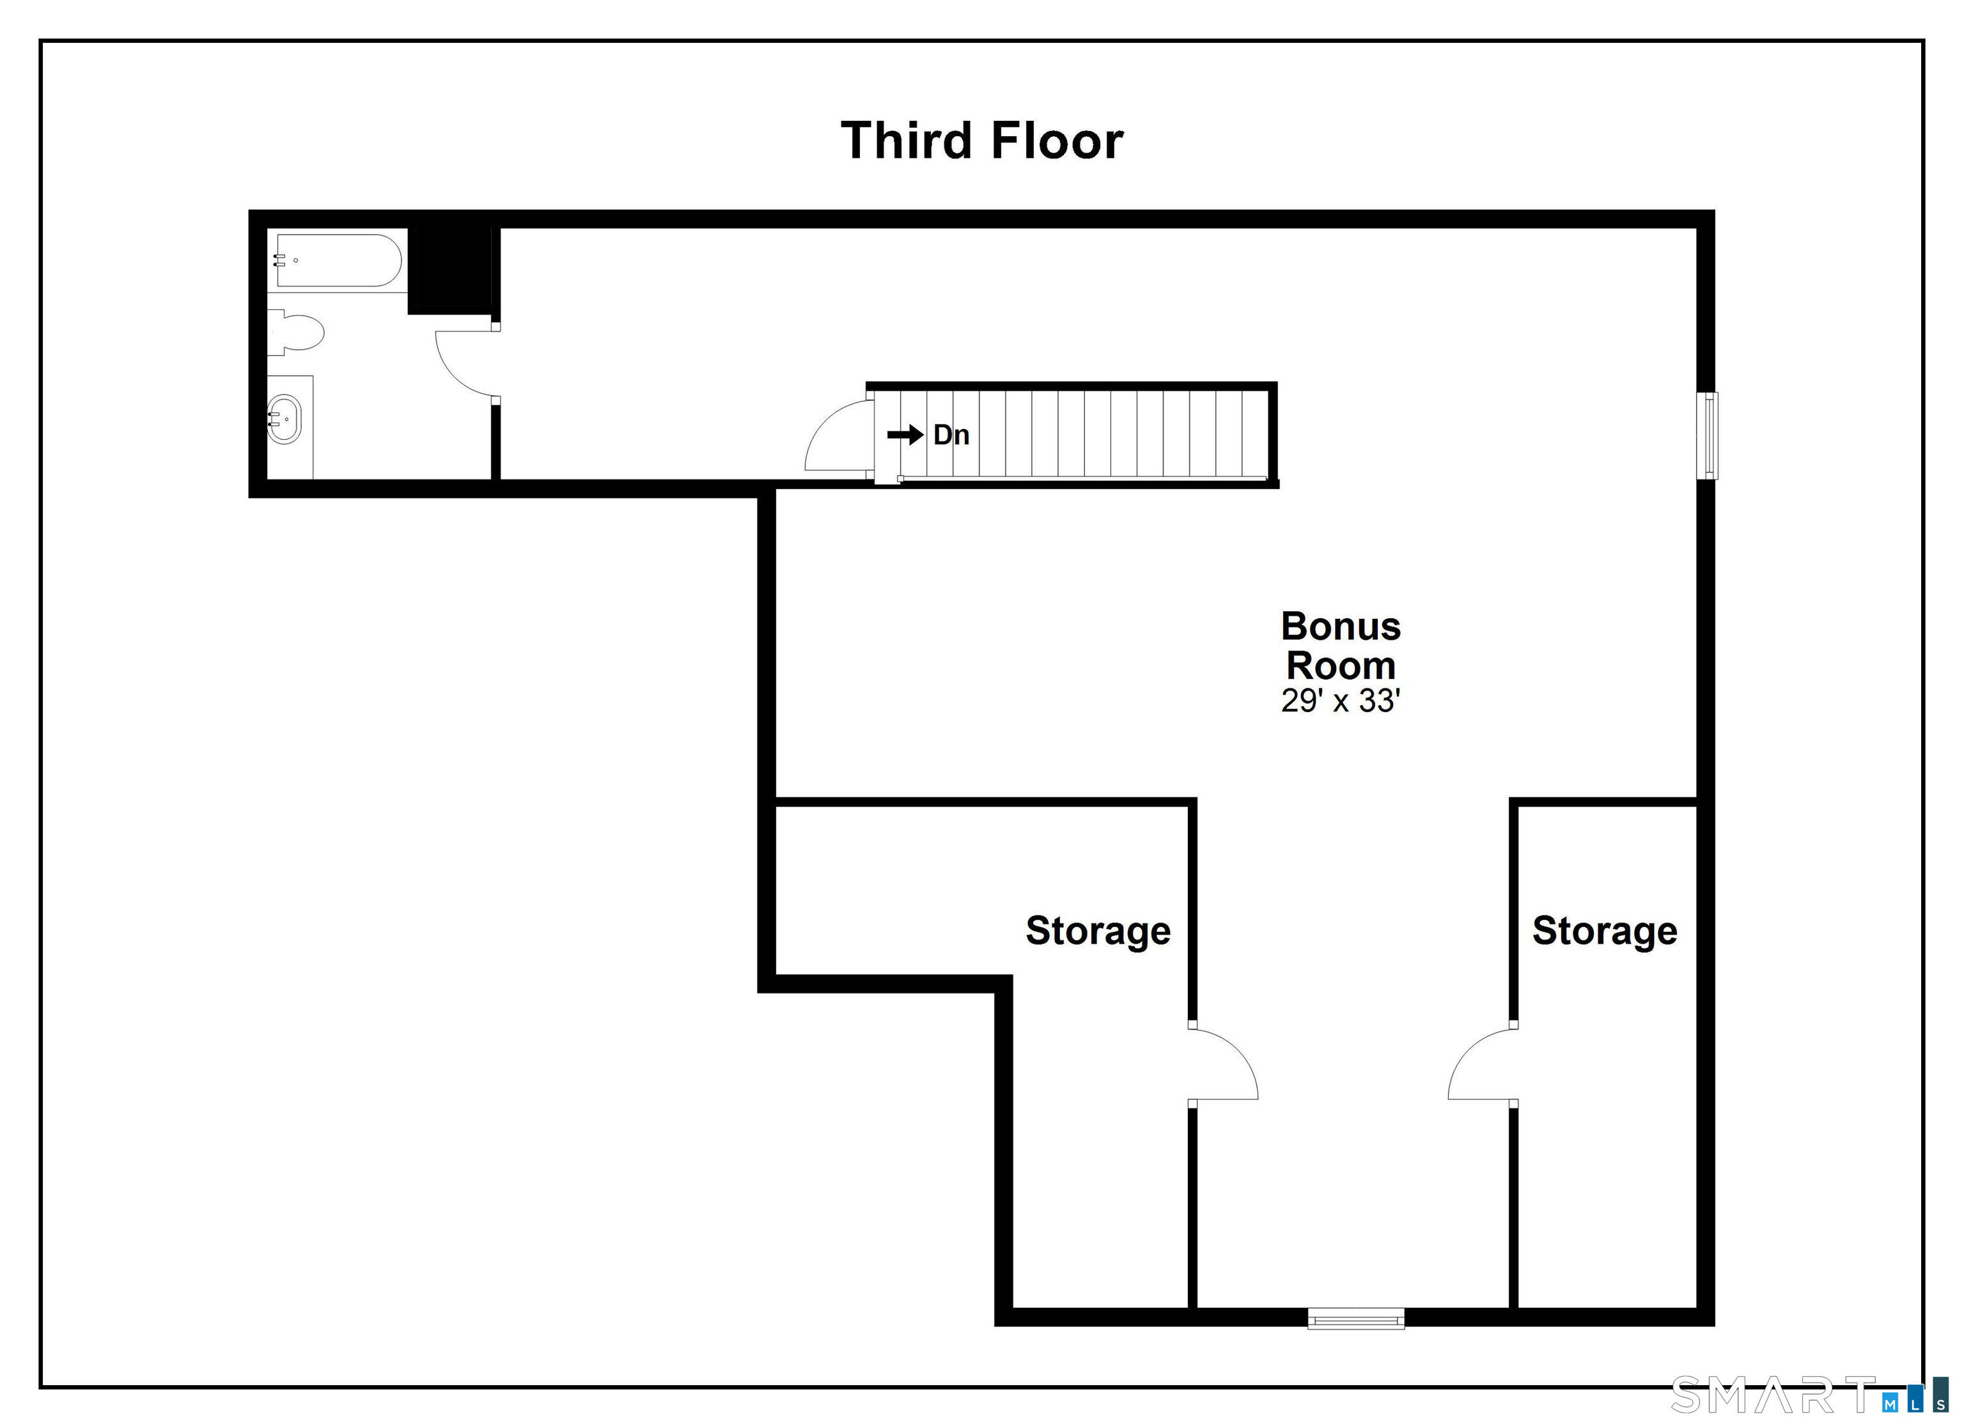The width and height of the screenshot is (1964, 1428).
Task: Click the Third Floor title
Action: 982,141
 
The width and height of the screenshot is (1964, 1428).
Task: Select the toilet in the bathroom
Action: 295,334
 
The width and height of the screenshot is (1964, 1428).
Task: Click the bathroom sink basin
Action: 284,419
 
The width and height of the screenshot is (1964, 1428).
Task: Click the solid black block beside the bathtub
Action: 449,270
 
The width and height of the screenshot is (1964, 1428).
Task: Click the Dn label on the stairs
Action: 951,435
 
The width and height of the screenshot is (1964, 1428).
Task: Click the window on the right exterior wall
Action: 1707,435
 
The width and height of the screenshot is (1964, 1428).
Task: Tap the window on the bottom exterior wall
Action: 1355,1319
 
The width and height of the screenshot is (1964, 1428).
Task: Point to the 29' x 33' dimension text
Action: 1341,701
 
